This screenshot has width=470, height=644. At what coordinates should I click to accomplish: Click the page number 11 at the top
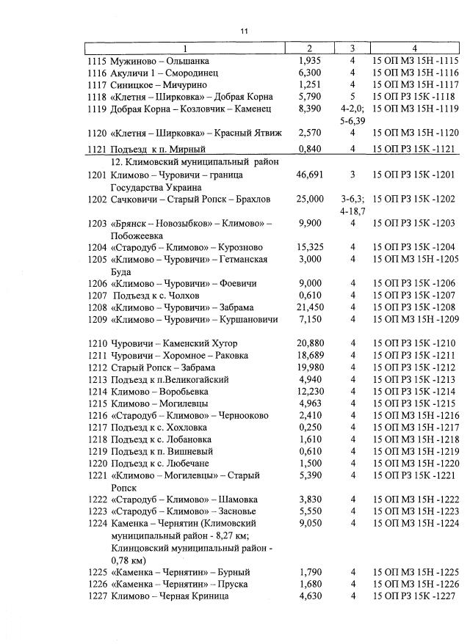click(x=245, y=31)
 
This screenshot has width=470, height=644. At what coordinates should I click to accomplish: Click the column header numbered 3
click(x=352, y=48)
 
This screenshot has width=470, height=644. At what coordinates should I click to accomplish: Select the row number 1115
click(x=97, y=60)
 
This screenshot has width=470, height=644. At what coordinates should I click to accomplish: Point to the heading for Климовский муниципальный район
click(x=194, y=162)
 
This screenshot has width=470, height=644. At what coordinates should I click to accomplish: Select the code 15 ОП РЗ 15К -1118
click(x=416, y=96)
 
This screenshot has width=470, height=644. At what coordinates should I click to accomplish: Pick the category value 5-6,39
click(x=353, y=120)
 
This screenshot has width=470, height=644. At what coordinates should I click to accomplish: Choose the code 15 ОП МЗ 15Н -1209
click(x=416, y=320)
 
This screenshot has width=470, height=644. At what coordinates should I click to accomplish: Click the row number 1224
click(x=97, y=524)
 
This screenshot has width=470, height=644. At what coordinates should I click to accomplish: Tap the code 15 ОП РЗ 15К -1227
click(x=416, y=596)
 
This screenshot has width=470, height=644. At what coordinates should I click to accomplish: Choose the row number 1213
click(x=97, y=379)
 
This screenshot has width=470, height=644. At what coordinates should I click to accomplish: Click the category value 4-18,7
click(x=353, y=211)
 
